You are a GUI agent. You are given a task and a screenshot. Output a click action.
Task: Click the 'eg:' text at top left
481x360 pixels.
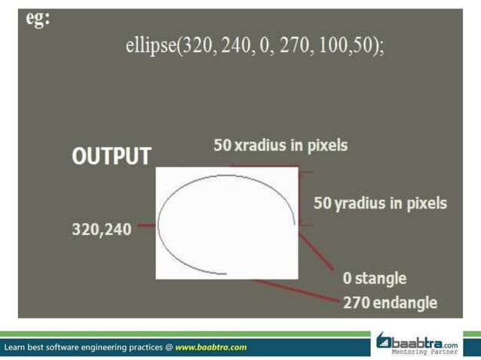38,19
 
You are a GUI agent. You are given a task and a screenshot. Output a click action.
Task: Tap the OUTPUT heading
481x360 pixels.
111,157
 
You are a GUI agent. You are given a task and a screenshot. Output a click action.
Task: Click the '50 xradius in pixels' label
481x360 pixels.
280,145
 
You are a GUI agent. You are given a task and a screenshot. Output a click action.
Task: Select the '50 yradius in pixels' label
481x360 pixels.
380,203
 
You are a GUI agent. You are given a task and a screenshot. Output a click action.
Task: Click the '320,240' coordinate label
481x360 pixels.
101,229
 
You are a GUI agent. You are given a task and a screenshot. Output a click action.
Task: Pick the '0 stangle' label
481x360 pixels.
374,278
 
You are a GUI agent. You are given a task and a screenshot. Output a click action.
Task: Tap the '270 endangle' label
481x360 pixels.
390,303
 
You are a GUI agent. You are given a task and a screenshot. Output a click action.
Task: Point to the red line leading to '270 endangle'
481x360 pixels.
294,291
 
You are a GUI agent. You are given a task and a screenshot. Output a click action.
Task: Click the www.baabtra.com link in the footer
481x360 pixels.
211,347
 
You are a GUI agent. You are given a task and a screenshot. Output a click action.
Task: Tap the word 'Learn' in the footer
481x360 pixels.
17,347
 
